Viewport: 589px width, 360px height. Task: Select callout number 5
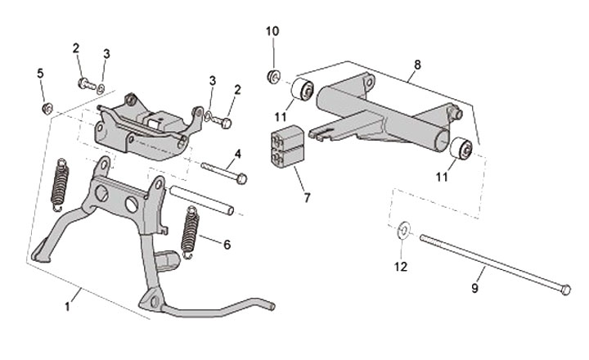(x=40, y=74)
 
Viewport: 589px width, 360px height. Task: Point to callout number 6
(x=227, y=244)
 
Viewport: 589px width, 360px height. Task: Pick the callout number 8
(x=417, y=63)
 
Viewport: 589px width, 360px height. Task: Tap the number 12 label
(x=401, y=266)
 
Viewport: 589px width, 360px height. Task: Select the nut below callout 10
(x=272, y=77)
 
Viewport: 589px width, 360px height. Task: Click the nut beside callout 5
(x=47, y=107)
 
